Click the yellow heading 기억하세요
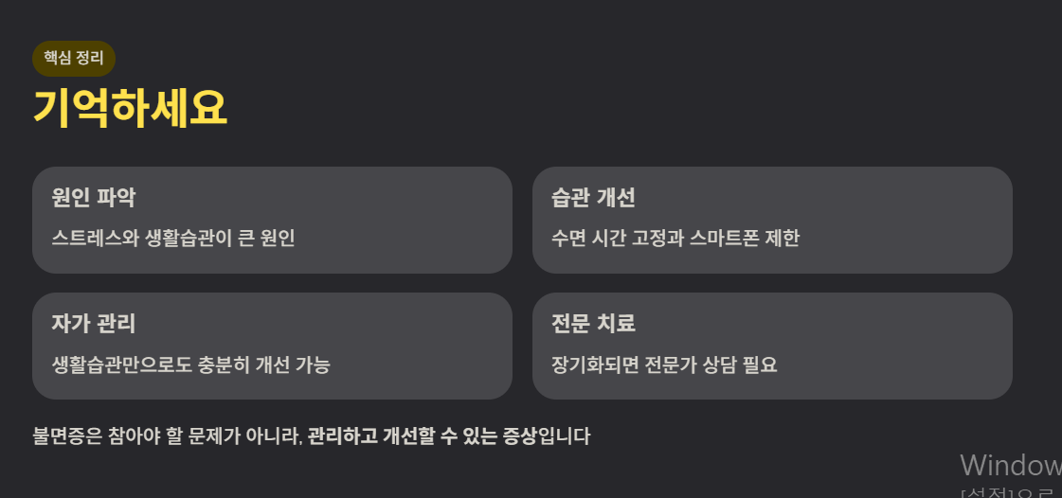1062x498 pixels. click(130, 107)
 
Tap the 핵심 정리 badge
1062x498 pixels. click(74, 59)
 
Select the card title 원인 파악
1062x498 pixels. click(94, 198)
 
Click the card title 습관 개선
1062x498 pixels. click(593, 198)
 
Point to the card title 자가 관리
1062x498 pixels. click(94, 324)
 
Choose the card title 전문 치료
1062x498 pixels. click(593, 324)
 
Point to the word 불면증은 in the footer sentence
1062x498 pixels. click(65, 436)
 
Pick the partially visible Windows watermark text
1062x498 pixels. click(1010, 465)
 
